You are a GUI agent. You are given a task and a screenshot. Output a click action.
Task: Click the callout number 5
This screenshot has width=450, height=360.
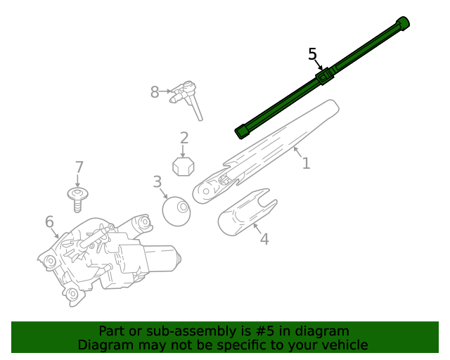(x=313, y=54)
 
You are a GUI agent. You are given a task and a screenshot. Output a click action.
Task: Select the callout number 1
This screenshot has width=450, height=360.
(x=306, y=164)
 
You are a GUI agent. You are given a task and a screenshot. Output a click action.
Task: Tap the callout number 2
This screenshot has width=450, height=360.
(x=184, y=138)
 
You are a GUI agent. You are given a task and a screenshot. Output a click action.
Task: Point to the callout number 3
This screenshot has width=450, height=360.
(x=157, y=183)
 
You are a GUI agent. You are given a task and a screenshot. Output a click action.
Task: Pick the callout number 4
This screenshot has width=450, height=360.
(x=264, y=239)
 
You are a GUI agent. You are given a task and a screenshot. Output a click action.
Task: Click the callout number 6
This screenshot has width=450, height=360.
(x=49, y=222)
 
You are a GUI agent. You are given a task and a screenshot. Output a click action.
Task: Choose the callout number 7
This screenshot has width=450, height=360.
(x=79, y=167)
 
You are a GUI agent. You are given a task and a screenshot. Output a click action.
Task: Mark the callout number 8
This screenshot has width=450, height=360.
(x=155, y=91)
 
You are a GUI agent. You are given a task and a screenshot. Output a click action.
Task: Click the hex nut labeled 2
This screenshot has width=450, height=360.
(x=184, y=167)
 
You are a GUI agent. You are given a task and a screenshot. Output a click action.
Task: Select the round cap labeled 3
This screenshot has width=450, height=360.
(x=176, y=211)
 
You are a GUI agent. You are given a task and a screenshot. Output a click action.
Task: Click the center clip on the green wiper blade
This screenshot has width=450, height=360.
(x=324, y=76)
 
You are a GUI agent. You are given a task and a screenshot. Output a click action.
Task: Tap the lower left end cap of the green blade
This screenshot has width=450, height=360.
(x=242, y=131)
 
